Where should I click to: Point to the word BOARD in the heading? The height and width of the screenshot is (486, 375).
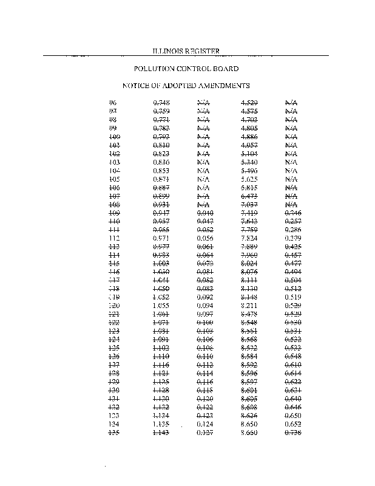(x=225, y=69)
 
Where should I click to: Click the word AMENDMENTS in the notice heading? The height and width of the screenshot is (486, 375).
(x=220, y=86)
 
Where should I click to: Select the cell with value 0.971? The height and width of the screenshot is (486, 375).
(x=161, y=239)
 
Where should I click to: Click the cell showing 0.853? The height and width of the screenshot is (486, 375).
(x=161, y=171)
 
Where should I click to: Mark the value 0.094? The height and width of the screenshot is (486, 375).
(x=205, y=306)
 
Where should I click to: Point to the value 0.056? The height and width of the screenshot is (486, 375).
(x=205, y=239)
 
